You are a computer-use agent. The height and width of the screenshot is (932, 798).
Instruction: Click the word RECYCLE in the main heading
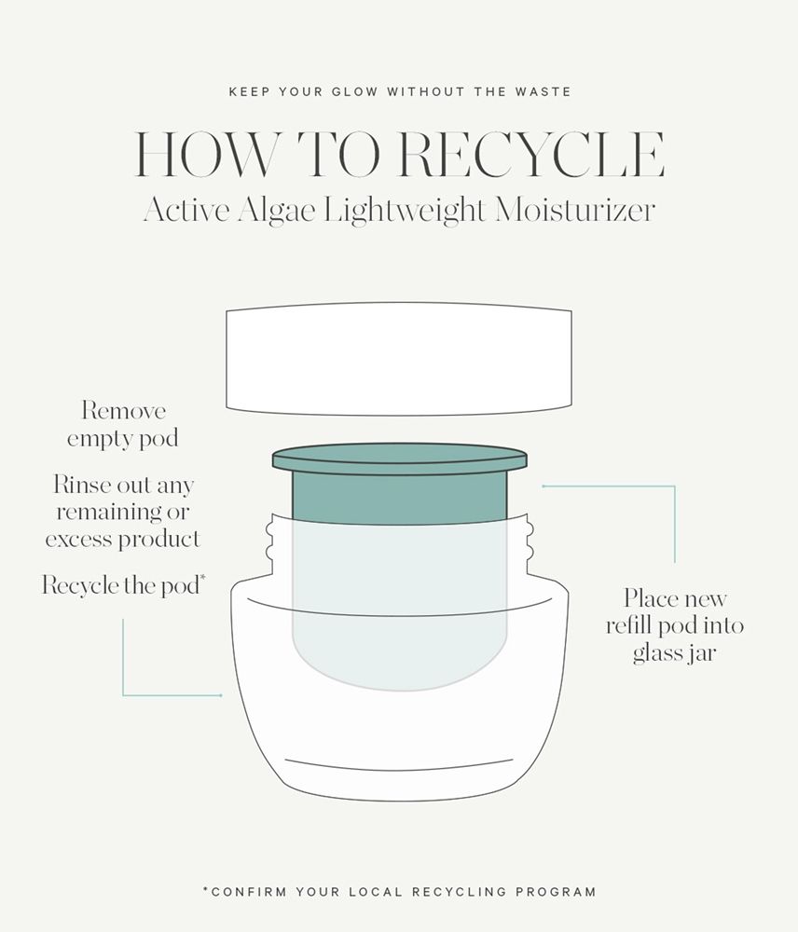531,155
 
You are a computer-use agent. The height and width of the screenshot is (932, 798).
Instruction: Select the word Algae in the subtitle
276,211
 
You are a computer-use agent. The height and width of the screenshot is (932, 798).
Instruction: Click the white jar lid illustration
399,359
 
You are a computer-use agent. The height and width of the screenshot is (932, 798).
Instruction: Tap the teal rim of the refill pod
400,459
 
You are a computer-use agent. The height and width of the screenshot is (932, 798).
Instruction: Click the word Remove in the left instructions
123,410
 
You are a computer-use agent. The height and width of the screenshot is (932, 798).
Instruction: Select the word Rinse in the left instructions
82,485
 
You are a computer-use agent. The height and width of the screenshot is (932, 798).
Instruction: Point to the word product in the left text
159,540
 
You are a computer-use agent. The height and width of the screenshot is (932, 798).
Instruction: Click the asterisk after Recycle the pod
203,577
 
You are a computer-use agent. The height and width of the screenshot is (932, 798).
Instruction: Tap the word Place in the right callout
651,598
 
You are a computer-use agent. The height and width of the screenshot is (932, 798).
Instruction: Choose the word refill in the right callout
634,625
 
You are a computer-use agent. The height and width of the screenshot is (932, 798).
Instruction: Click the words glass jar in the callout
674,653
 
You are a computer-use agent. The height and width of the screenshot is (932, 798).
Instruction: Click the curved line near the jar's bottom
399,765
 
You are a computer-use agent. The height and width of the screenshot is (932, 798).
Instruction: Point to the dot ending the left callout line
221,695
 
